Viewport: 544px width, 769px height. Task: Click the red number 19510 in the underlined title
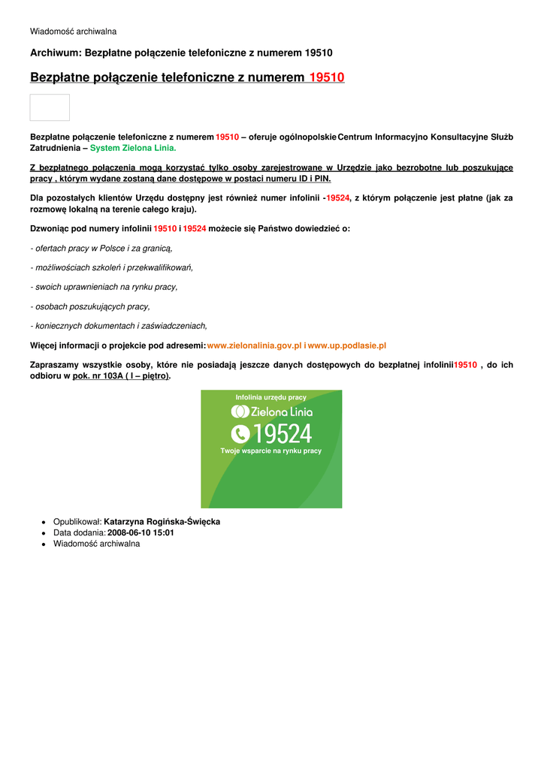click(x=327, y=77)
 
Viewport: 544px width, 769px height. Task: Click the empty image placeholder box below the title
click(x=50, y=107)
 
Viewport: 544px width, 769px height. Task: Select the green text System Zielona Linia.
click(x=133, y=148)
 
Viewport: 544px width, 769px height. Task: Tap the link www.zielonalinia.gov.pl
click(x=254, y=345)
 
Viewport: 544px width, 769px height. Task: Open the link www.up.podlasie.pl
click(x=347, y=345)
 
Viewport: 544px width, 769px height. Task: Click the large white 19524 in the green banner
click(x=282, y=433)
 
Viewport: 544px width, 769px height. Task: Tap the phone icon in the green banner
click(x=240, y=433)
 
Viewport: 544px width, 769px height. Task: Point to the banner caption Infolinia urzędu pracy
click(x=270, y=397)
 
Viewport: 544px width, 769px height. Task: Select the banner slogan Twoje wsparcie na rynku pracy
click(x=270, y=451)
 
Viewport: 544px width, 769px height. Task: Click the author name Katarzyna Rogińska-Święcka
click(x=162, y=521)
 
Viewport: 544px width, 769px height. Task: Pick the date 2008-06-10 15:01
click(x=141, y=532)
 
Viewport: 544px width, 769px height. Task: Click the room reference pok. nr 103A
click(x=98, y=375)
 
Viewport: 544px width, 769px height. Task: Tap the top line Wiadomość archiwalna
click(x=73, y=32)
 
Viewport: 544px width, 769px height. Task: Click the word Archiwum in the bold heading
click(x=55, y=53)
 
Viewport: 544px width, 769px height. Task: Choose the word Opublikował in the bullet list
click(x=77, y=521)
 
